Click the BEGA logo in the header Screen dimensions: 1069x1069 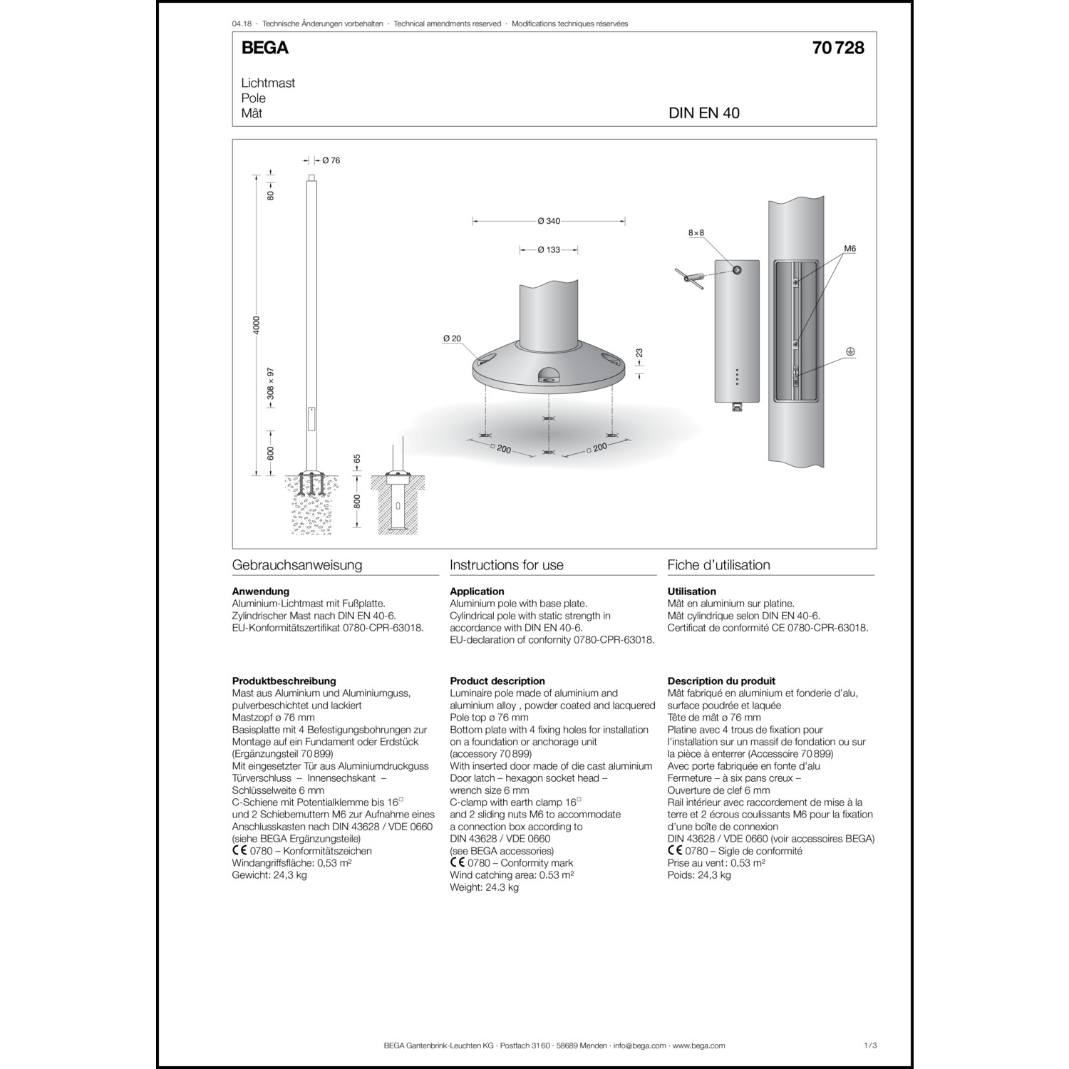coord(264,48)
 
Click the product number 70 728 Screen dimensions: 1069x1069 coord(837,48)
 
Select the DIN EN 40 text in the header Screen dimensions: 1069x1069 coord(703,113)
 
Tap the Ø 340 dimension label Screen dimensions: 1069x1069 coord(549,221)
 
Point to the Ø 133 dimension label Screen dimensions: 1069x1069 coord(549,250)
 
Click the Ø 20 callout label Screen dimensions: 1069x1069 coord(452,339)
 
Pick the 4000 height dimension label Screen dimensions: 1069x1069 coord(257,325)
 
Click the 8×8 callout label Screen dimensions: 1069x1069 coord(696,233)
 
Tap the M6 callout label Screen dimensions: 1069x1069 coord(849,249)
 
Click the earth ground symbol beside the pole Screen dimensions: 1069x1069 coord(849,352)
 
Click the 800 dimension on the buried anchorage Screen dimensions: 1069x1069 coord(357,501)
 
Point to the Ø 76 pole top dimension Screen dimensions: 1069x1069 coord(331,160)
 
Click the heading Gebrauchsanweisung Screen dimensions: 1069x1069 coord(297,565)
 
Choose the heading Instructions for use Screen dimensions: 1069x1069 coord(507,565)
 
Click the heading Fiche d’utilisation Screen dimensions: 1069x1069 coord(718,565)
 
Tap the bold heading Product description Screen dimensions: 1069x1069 coord(497,681)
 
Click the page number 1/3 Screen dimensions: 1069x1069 coord(869,1045)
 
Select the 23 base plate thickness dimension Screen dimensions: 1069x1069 coord(639,353)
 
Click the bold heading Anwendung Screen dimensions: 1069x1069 coord(261,591)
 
